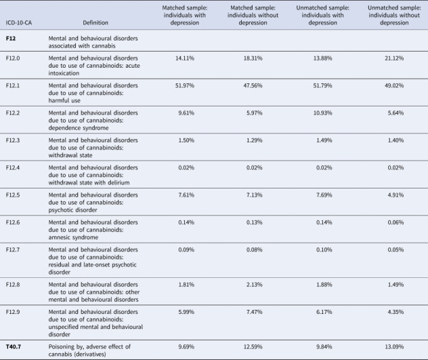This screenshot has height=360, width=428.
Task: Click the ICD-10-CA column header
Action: tap(19, 22)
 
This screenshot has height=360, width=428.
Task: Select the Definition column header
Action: tap(95, 22)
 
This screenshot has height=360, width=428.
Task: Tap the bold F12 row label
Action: tap(11, 38)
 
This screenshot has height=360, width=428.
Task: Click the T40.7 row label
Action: tap(14, 346)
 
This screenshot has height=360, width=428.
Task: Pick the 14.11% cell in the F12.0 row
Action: tap(185, 58)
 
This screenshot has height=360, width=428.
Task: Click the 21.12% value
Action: tap(394, 58)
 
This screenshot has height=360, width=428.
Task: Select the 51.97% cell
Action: tap(185, 85)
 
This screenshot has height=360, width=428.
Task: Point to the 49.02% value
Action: tap(394, 85)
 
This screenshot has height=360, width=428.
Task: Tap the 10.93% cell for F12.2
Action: tap(322, 113)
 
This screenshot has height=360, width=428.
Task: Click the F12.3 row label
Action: tap(13, 140)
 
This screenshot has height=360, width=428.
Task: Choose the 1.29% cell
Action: tap(255, 140)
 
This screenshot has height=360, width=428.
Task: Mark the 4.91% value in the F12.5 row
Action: tap(395, 195)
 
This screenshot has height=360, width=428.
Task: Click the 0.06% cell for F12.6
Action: tap(395, 222)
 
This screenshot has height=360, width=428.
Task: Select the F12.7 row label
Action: tap(13, 249)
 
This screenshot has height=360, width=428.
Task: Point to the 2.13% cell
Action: tap(255, 285)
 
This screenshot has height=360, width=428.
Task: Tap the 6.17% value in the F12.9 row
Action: tap(324, 312)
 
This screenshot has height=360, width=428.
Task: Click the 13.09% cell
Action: tap(394, 346)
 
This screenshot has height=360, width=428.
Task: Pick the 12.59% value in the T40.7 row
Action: tap(253, 346)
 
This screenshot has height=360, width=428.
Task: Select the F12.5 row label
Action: tap(13, 195)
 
